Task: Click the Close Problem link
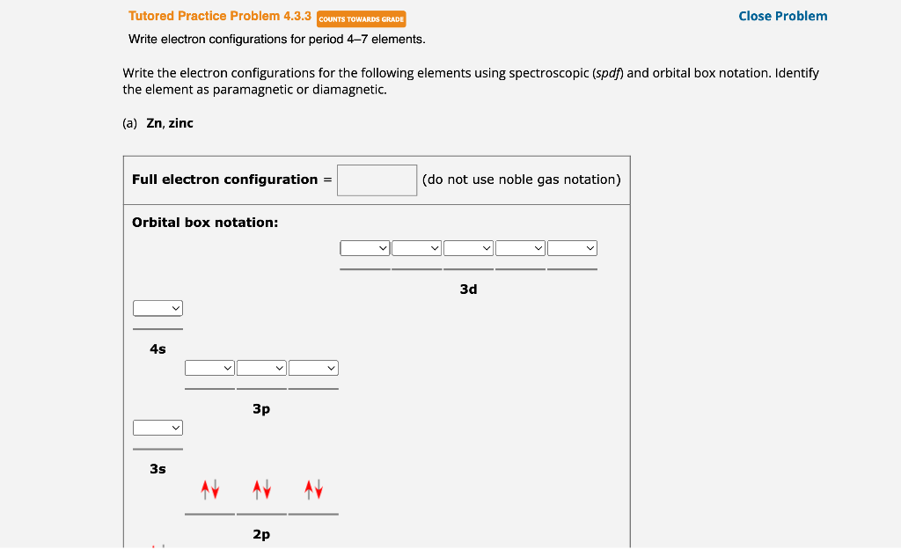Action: [x=782, y=16]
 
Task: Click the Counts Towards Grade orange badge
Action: [x=361, y=18]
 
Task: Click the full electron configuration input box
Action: [x=377, y=180]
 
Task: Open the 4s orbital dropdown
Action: [x=158, y=308]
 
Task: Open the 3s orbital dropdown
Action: [x=158, y=428]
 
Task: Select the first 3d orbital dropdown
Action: [x=365, y=248]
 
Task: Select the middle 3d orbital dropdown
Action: [x=469, y=248]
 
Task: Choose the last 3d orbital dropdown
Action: [x=573, y=248]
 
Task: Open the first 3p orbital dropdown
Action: [x=209, y=368]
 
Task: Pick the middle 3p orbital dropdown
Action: [x=261, y=368]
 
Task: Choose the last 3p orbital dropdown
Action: [x=313, y=368]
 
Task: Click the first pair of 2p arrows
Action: [x=209, y=488]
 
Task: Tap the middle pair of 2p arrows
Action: [x=261, y=488]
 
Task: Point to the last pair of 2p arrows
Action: [x=313, y=488]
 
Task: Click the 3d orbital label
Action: [x=468, y=289]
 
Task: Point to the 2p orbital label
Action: [x=261, y=534]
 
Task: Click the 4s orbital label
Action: [x=157, y=349]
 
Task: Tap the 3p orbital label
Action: [x=261, y=409]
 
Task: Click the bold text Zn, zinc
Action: [x=169, y=123]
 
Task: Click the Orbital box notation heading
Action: [x=205, y=223]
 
